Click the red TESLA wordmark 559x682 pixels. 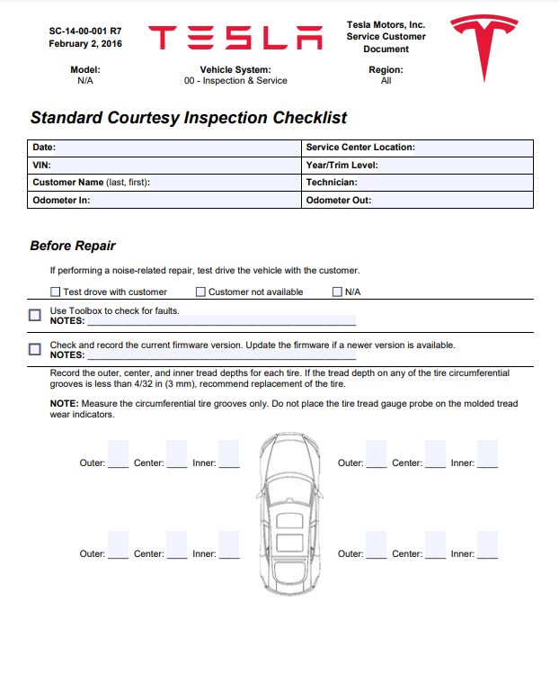tap(235, 38)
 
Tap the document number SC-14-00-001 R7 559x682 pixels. tap(85, 31)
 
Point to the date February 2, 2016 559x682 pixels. tap(85, 43)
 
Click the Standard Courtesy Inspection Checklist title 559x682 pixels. tap(189, 118)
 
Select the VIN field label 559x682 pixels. tap(41, 166)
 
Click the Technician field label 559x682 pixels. tap(332, 183)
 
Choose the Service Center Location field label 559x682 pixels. tap(360, 148)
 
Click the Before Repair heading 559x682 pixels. tap(73, 246)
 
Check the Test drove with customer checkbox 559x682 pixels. tap(56, 292)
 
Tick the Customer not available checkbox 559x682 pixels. tap(200, 292)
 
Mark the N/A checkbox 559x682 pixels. tap(338, 292)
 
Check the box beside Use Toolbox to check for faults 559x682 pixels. tap(35, 315)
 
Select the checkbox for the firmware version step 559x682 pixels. tap(35, 349)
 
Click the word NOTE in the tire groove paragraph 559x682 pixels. tap(64, 404)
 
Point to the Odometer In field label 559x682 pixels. tap(61, 201)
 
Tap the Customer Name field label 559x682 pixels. tap(91, 183)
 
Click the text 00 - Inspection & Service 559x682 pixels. tap(235, 81)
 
